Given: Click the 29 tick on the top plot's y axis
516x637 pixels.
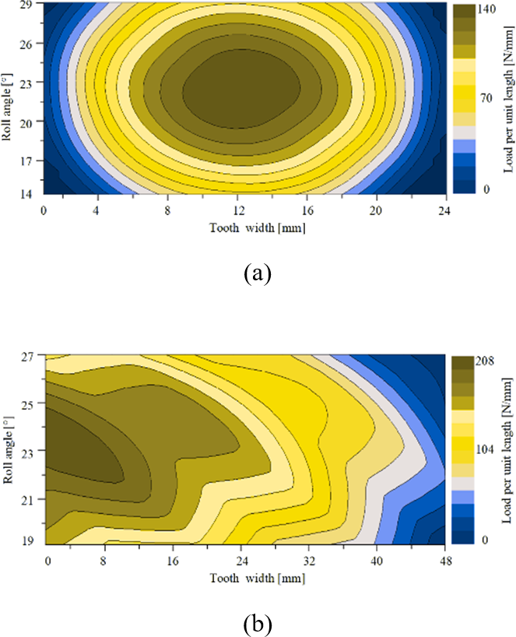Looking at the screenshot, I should point(26,6).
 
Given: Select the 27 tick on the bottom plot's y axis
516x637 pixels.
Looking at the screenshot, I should point(28,357).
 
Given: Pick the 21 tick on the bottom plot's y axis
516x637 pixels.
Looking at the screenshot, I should point(28,498).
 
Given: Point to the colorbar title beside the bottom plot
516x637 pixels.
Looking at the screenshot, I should point(507,450).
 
